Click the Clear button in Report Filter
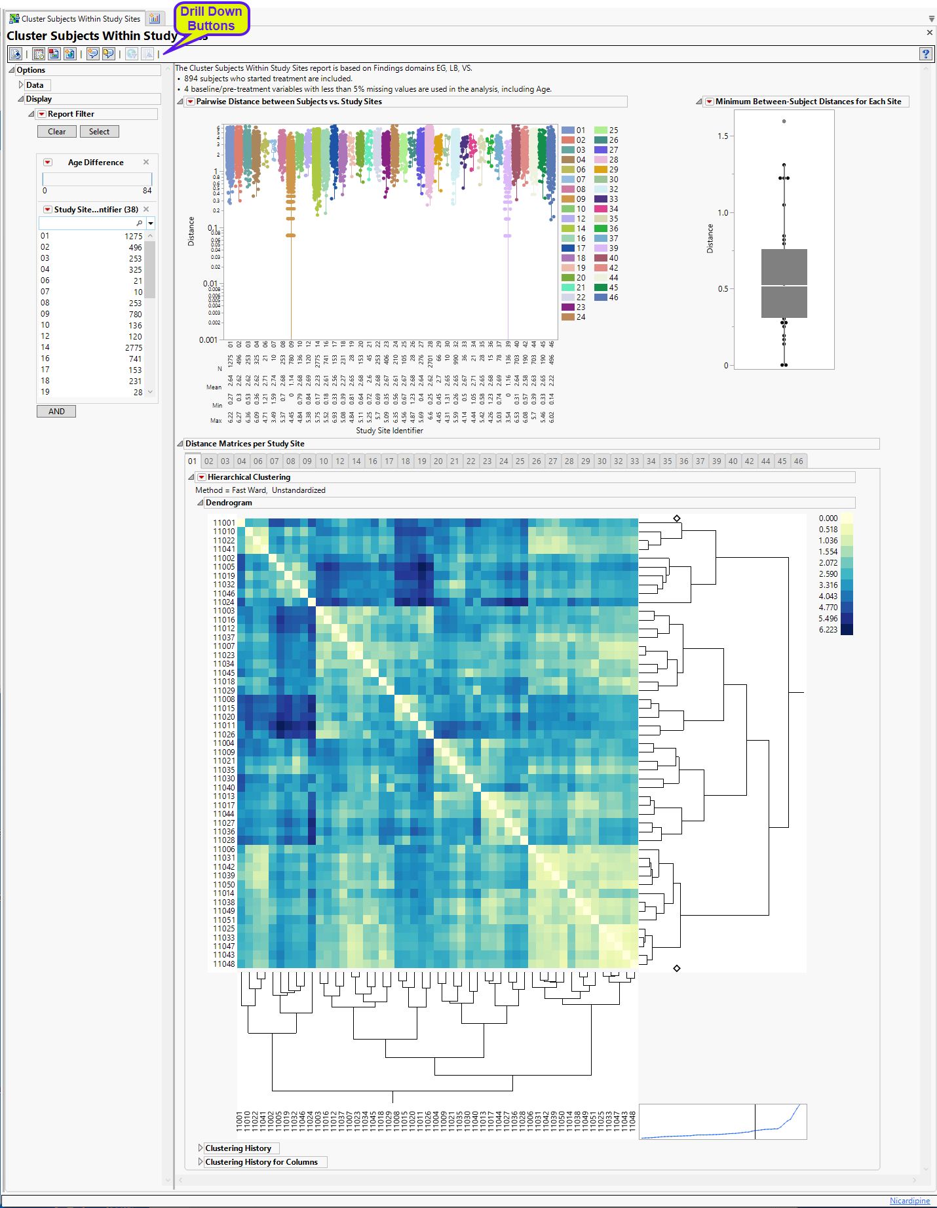(x=56, y=132)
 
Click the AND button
(x=56, y=412)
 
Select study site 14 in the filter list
(x=45, y=347)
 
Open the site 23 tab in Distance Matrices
(x=487, y=461)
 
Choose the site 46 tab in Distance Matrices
(x=798, y=461)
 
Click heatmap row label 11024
(x=223, y=602)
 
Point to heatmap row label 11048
(x=223, y=964)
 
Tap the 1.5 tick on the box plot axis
(x=722, y=136)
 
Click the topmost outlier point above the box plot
(x=784, y=121)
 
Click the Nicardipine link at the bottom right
(x=909, y=1201)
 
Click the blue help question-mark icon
(x=925, y=54)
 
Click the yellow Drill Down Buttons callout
(x=211, y=19)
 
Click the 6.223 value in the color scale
(x=828, y=630)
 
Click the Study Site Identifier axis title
(x=389, y=431)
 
